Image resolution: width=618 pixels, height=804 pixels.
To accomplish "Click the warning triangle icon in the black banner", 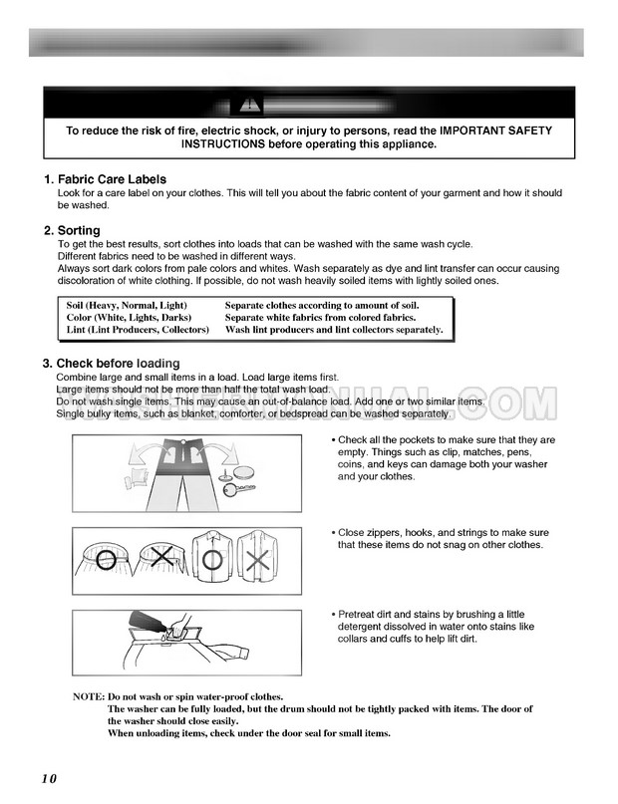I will coord(245,105).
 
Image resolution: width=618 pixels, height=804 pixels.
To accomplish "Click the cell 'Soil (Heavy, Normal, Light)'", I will coord(127,305).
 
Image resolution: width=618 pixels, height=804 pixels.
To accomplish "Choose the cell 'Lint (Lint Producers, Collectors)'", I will coord(138,329).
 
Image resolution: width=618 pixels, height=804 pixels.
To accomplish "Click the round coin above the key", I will coord(242,468).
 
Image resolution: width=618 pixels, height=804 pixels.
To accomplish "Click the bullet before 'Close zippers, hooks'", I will coord(333,534).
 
